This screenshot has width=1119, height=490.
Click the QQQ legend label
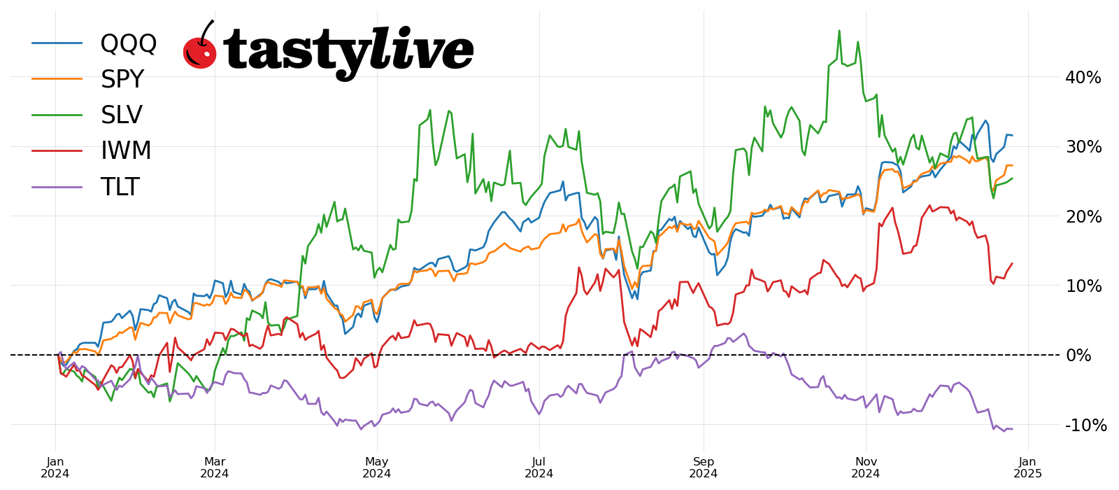(x=129, y=43)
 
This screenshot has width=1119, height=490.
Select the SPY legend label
(x=122, y=80)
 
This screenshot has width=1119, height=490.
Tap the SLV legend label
(x=122, y=115)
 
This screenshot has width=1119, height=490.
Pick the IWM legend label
(x=126, y=151)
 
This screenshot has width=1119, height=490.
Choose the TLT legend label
(x=120, y=188)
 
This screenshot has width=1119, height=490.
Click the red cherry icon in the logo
(x=200, y=50)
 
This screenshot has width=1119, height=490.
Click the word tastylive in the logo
(x=348, y=50)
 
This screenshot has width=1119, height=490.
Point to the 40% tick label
(x=1083, y=78)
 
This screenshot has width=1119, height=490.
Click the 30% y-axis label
(x=1083, y=147)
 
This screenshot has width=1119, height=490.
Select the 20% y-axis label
(x=1083, y=217)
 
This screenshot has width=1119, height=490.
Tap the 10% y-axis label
(x=1083, y=286)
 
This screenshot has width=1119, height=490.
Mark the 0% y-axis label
(x=1078, y=356)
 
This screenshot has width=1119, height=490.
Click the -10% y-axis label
(x=1085, y=426)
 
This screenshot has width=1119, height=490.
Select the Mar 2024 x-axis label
(x=215, y=468)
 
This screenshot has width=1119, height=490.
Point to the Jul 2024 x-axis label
(x=539, y=468)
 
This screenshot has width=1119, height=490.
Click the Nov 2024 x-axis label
(x=866, y=468)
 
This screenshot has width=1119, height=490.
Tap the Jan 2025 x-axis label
(x=1027, y=468)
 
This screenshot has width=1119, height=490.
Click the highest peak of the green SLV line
(x=839, y=31)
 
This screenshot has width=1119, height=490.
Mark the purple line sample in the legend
(x=57, y=187)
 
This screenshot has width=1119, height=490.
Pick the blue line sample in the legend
(x=57, y=43)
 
